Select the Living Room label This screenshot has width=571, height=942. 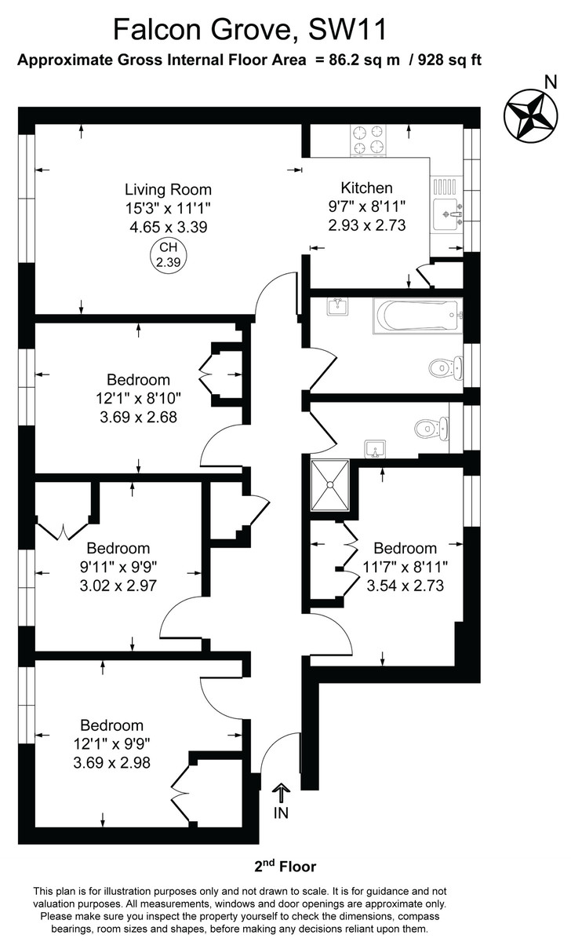[168, 189]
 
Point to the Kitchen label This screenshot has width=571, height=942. [366, 188]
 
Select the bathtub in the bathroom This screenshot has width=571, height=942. [416, 316]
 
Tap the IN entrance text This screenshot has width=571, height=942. [281, 813]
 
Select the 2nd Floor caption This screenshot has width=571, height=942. [285, 867]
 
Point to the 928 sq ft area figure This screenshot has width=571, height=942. [444, 60]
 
